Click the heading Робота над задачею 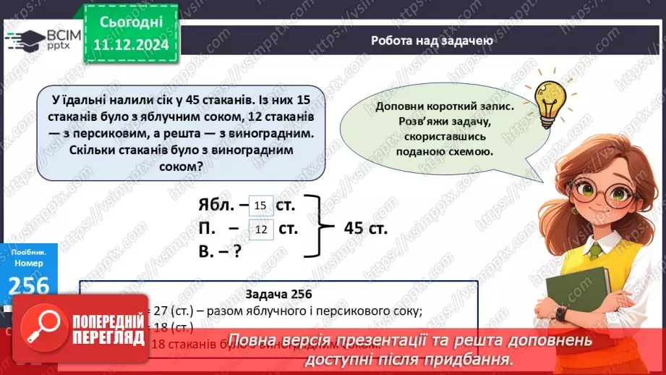[x=432, y=41]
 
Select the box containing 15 [x=261, y=206]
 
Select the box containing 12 [x=261, y=229]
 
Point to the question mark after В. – [x=236, y=252]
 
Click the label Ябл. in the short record [x=215, y=206]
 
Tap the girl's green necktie [x=594, y=250]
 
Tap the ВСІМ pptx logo [x=43, y=39]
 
